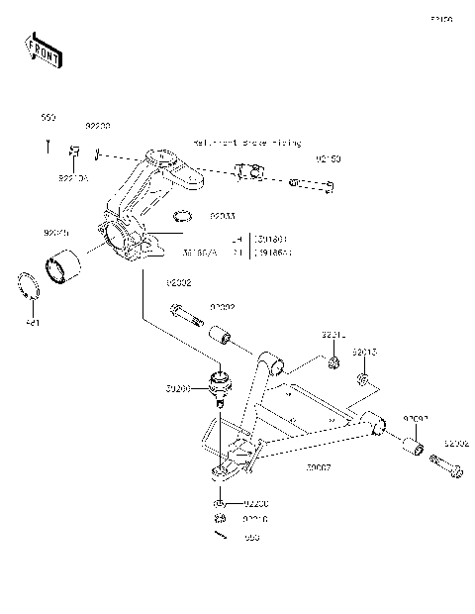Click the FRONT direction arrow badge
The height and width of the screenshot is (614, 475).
point(44,51)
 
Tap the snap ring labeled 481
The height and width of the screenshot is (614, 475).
point(31,286)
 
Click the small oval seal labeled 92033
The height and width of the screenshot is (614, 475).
point(182,217)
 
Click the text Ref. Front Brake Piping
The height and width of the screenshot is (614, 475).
point(247,143)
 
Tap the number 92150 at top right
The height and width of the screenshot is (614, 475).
point(329,158)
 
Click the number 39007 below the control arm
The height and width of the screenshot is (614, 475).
point(319,466)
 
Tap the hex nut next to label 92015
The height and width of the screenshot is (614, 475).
point(364,380)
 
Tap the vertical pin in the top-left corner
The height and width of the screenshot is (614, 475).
point(47,146)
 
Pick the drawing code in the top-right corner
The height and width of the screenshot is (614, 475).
point(440,19)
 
